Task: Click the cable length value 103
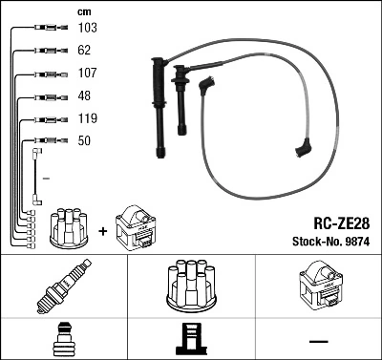pyautogui.click(x=87, y=30)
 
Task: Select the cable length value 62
pyautogui.click(x=84, y=52)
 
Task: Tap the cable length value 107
pyautogui.click(x=87, y=74)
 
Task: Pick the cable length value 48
pyautogui.click(x=84, y=96)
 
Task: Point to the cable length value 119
pyautogui.click(x=87, y=119)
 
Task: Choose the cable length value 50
pyautogui.click(x=84, y=141)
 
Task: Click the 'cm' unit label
pyautogui.click(x=84, y=11)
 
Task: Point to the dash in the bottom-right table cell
pyautogui.click(x=318, y=340)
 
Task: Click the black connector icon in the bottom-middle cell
pyautogui.click(x=190, y=339)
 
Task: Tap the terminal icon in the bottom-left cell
pyautogui.click(x=64, y=339)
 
